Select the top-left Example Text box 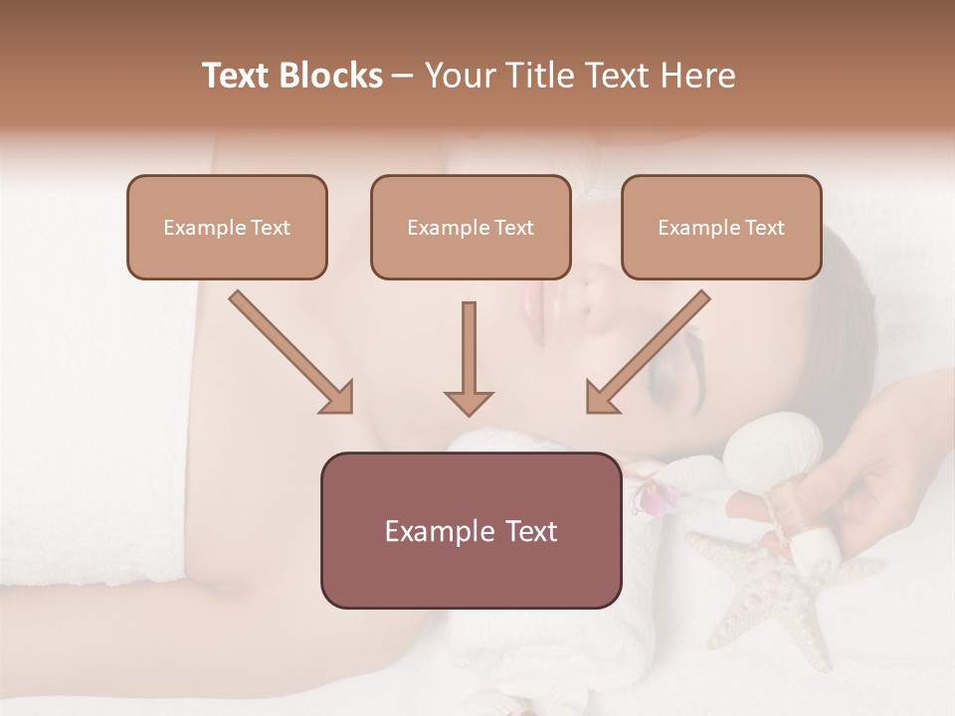point(227,227)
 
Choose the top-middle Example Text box point(471,227)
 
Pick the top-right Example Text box point(721,227)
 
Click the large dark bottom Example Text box point(471,530)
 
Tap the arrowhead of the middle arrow point(469,402)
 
